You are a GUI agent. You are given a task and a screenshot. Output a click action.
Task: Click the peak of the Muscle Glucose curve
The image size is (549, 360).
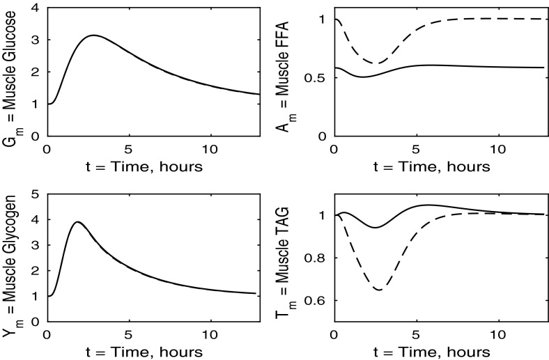93,35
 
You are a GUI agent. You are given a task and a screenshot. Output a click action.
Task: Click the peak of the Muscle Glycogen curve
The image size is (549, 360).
79,222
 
